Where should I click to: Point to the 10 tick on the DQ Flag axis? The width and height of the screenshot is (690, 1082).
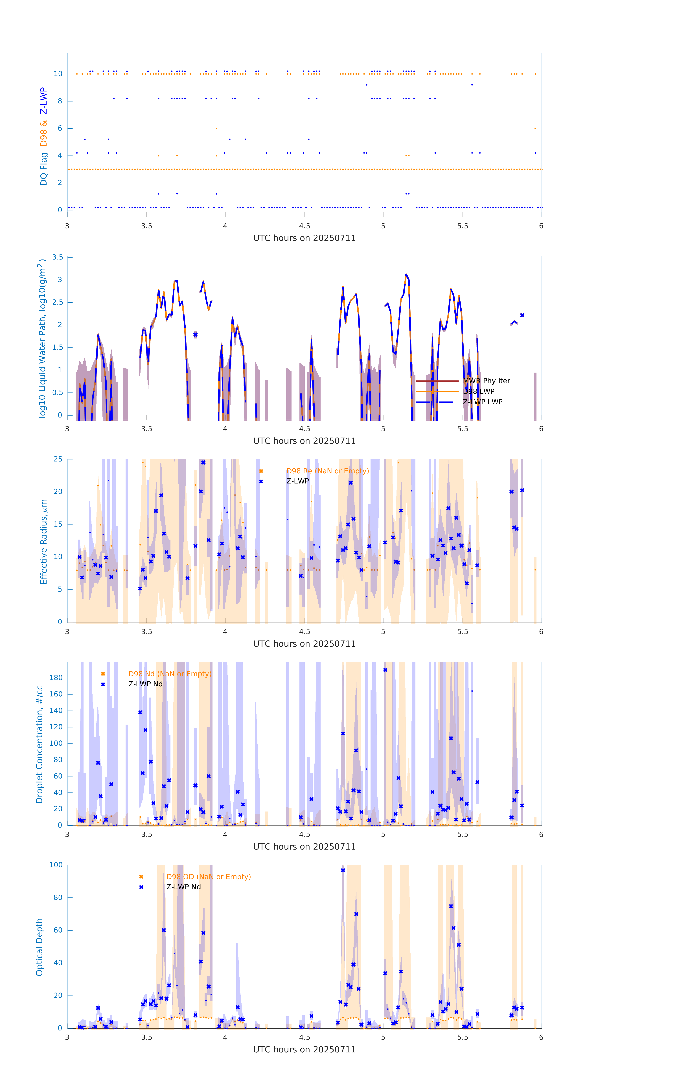pyautogui.click(x=58, y=74)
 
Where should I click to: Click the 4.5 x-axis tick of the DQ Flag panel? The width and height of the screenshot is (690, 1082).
pyautogui.click(x=304, y=226)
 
